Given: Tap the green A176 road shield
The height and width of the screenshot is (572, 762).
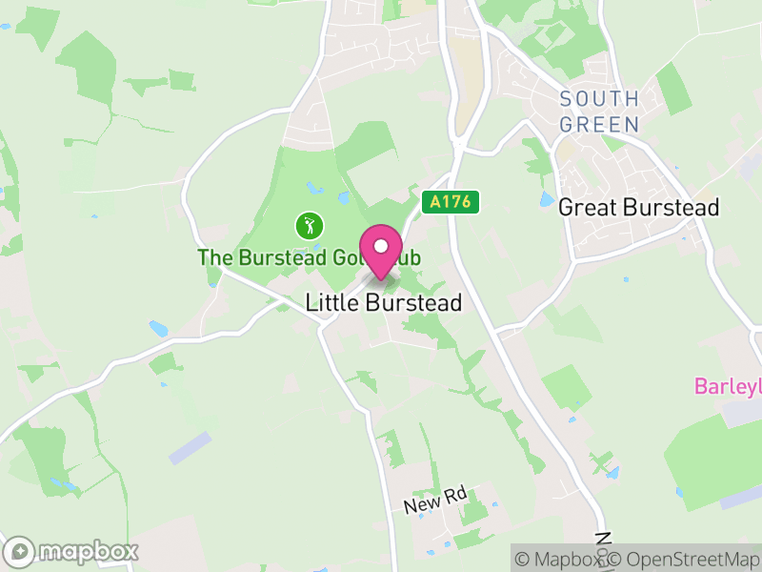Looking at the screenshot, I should pos(450,201).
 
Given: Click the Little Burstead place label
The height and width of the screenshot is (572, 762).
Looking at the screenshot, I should pos(383,303).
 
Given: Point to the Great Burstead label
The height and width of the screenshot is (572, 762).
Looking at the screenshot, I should pos(638,207).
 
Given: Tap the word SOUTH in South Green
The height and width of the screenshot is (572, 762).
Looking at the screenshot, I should pos(599,99).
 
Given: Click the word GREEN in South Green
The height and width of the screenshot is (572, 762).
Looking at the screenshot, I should pos(599,124).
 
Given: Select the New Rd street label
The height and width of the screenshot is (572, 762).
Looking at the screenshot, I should pos(434,500).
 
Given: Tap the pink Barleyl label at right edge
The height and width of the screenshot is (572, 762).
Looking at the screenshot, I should pos(727,386).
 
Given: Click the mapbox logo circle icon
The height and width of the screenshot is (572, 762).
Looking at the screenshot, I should pos(20,551).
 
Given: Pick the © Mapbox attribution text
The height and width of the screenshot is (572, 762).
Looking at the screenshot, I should pos(559,560).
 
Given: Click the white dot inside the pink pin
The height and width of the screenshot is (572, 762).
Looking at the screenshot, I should pos(381,246).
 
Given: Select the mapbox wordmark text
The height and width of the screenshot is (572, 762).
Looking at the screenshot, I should pos(88,551).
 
